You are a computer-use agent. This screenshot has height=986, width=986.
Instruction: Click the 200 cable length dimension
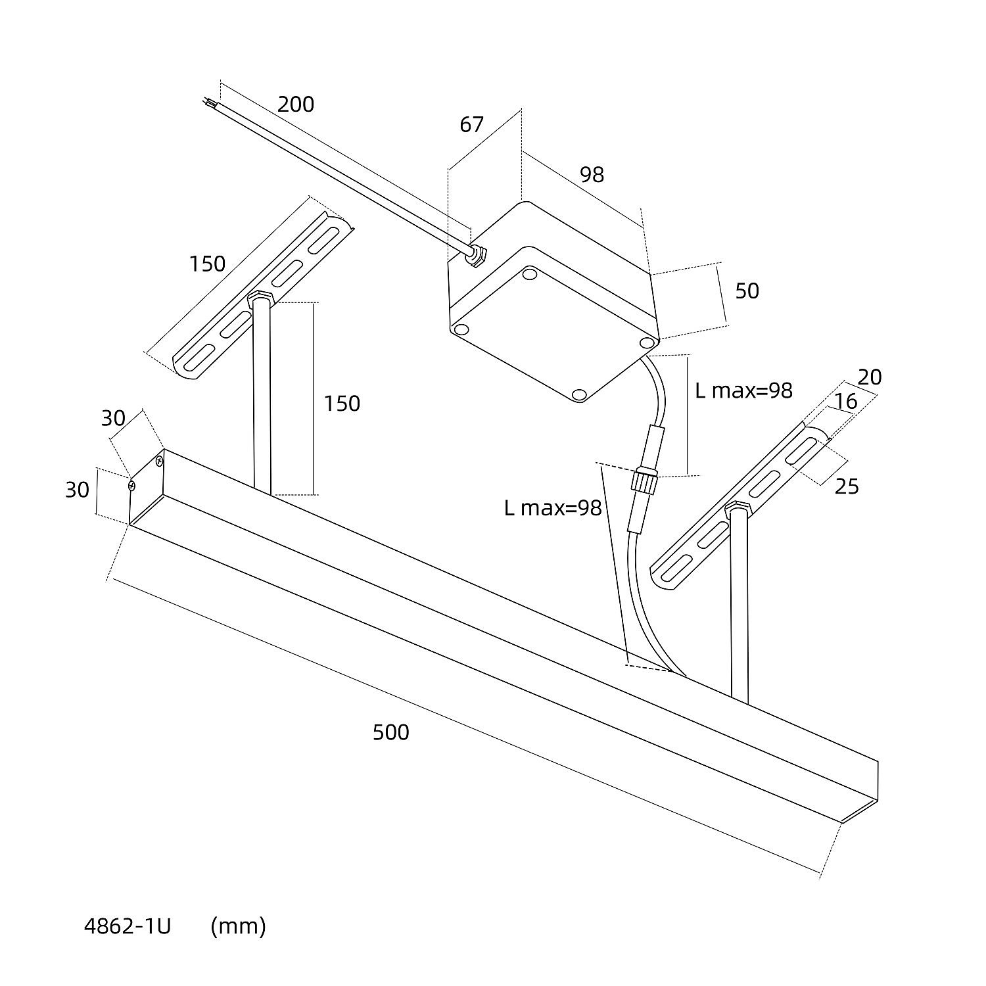pyautogui.click(x=296, y=105)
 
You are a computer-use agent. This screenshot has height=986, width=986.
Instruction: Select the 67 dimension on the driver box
pyautogui.click(x=471, y=124)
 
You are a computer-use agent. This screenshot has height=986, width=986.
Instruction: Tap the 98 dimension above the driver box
pyautogui.click(x=592, y=174)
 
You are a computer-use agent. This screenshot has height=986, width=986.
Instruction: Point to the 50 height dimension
pyautogui.click(x=747, y=291)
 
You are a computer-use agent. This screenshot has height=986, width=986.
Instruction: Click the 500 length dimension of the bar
pyautogui.click(x=390, y=732)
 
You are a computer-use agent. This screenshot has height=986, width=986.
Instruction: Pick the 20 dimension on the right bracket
pyautogui.click(x=870, y=377)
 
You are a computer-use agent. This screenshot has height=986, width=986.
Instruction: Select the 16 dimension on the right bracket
pyautogui.click(x=847, y=401)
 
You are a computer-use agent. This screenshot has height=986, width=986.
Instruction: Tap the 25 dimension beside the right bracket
pyautogui.click(x=847, y=486)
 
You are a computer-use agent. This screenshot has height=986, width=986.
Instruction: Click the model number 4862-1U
pyautogui.click(x=128, y=926)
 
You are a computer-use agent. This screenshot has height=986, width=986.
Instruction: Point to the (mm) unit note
pyautogui.click(x=238, y=926)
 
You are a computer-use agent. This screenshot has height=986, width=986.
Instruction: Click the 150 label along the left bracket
pyautogui.click(x=207, y=264)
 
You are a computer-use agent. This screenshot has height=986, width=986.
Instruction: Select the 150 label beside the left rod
pyautogui.click(x=342, y=403)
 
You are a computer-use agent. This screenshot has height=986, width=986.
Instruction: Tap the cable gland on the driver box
pyautogui.click(x=476, y=256)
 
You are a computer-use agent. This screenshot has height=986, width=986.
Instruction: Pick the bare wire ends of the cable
pyautogui.click(x=209, y=103)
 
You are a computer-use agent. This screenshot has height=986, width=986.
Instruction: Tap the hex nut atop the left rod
pyautogui.click(x=260, y=299)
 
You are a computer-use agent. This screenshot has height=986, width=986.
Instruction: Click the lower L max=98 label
pyautogui.click(x=553, y=507)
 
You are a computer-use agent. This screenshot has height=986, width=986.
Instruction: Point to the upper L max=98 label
pyautogui.click(x=743, y=390)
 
